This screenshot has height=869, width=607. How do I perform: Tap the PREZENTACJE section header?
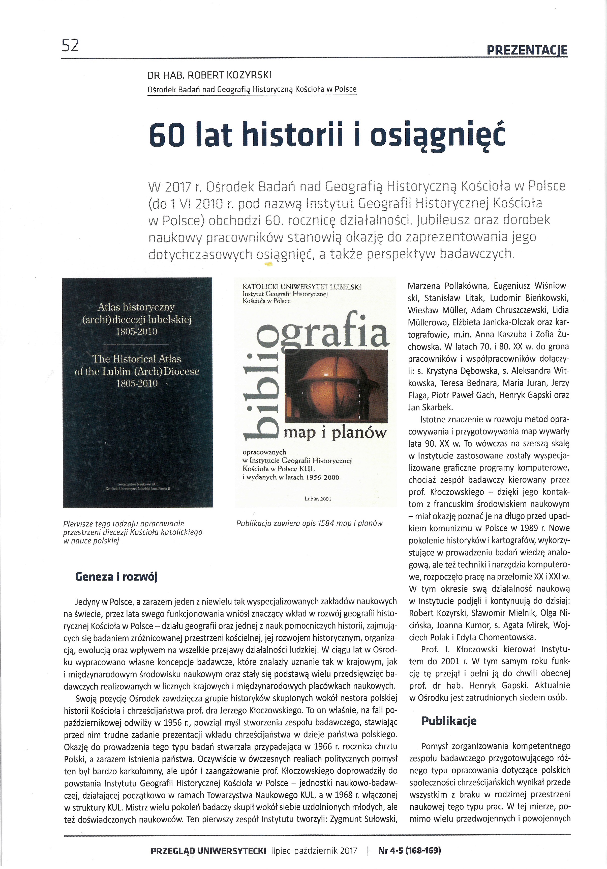click(x=527, y=50)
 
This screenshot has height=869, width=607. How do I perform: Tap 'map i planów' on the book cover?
click(x=335, y=432)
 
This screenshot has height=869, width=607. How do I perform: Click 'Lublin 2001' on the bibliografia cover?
click(x=317, y=499)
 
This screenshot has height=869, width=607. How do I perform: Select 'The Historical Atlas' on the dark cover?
click(x=137, y=359)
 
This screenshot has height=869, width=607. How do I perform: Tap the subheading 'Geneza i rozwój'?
click(x=116, y=576)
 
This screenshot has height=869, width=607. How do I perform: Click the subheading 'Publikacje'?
click(x=449, y=721)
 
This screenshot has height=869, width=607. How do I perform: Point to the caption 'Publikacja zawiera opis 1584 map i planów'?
click(x=309, y=523)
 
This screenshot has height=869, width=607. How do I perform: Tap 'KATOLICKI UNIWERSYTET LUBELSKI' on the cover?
click(x=302, y=287)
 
